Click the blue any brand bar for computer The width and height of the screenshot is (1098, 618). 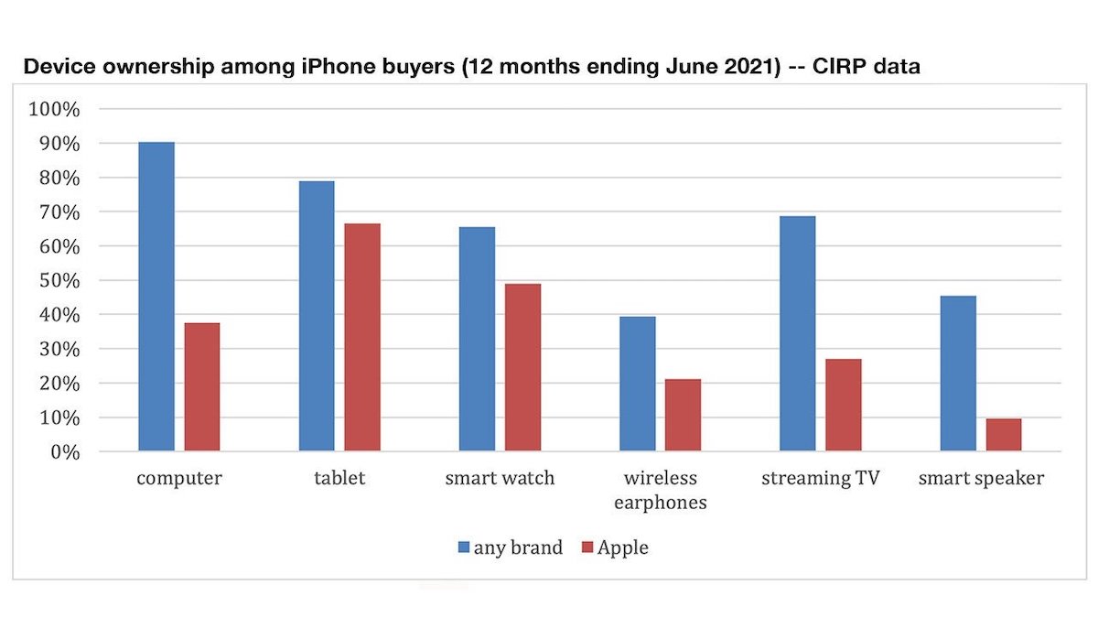[x=156, y=297]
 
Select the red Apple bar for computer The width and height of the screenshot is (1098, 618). [x=202, y=386]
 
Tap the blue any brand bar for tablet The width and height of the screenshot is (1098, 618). [x=317, y=316]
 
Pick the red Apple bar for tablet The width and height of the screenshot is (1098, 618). [x=362, y=337]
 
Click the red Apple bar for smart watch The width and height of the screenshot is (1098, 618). [x=522, y=367]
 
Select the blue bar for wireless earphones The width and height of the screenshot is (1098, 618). [x=638, y=384]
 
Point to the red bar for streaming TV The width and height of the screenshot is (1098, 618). [x=844, y=405]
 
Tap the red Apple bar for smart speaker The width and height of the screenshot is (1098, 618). [x=1004, y=435]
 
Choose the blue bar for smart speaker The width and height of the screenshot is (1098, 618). [x=958, y=374]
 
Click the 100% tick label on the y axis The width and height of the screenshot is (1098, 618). [x=55, y=109]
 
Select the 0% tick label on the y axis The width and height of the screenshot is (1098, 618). [x=64, y=452]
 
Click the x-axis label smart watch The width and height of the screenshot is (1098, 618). [x=500, y=479]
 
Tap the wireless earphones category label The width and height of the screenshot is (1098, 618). [x=661, y=490]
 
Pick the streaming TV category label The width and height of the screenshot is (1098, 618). [x=820, y=479]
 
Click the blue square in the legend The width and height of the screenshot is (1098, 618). [x=463, y=548]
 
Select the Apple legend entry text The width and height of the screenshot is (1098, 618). [x=622, y=548]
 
